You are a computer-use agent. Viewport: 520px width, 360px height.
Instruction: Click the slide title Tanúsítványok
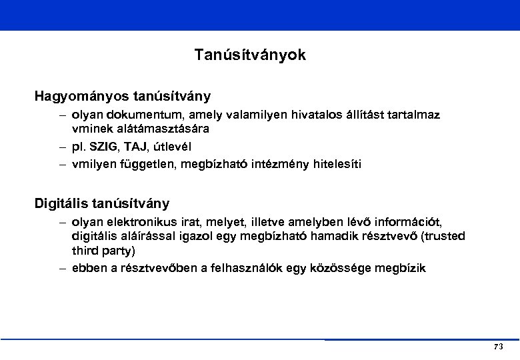pos(250,55)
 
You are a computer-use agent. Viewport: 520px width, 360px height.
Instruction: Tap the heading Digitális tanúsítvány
pos(103,203)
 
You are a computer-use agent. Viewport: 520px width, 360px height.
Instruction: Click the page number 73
pos(498,347)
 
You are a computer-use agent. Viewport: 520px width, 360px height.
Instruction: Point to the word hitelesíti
pos(337,163)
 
